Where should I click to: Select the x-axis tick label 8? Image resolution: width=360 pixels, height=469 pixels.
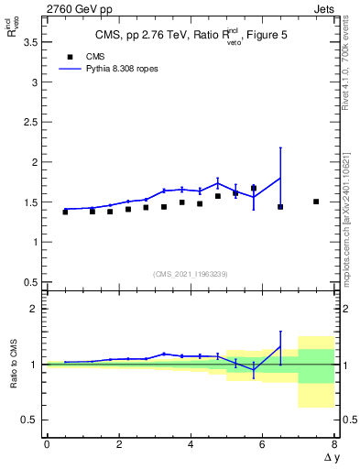click(x=334, y=444)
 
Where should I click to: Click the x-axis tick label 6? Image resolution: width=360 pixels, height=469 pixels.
click(x=262, y=444)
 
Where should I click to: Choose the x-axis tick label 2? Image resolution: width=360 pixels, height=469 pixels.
click(x=118, y=444)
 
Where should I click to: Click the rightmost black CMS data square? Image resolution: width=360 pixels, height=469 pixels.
click(x=316, y=202)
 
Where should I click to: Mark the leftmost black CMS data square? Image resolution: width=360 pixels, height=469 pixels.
click(x=65, y=212)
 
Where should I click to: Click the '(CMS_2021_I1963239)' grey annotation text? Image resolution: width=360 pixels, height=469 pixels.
click(x=191, y=273)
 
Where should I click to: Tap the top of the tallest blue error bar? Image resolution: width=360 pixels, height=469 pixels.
click(x=280, y=147)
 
